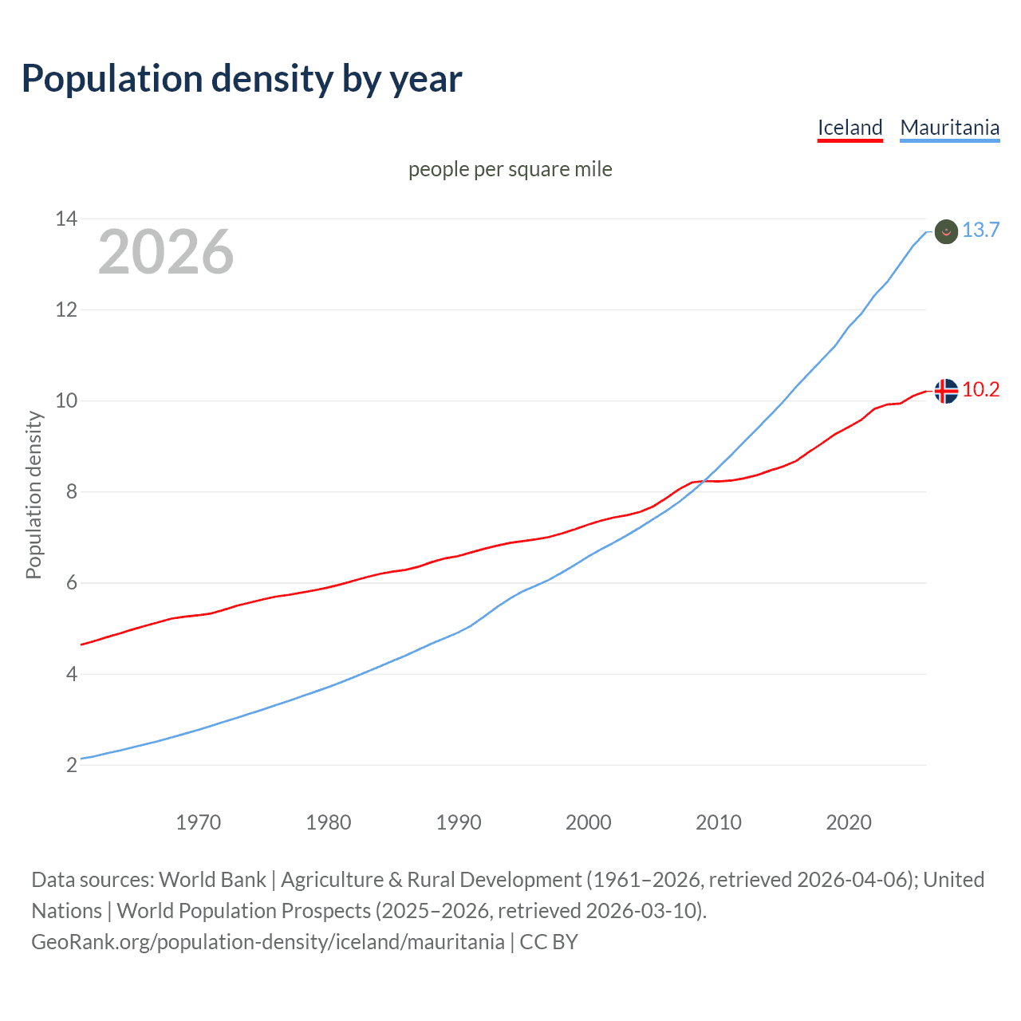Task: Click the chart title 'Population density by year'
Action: click(242, 79)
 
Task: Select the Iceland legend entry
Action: click(850, 128)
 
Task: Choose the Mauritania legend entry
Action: click(949, 128)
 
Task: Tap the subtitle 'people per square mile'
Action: click(510, 169)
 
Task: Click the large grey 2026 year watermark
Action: click(166, 252)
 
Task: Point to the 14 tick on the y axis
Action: click(66, 219)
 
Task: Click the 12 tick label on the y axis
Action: click(66, 309)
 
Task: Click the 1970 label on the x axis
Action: click(198, 822)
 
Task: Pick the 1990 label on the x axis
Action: click(458, 822)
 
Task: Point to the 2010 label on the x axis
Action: click(718, 822)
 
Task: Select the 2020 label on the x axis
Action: click(849, 822)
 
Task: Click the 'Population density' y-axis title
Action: click(34, 495)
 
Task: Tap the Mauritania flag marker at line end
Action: click(945, 231)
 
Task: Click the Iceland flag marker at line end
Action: click(945, 391)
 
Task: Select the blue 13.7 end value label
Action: click(980, 231)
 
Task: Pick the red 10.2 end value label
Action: click(980, 390)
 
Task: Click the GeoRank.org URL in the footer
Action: click(268, 942)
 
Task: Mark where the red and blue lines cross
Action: click(704, 480)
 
